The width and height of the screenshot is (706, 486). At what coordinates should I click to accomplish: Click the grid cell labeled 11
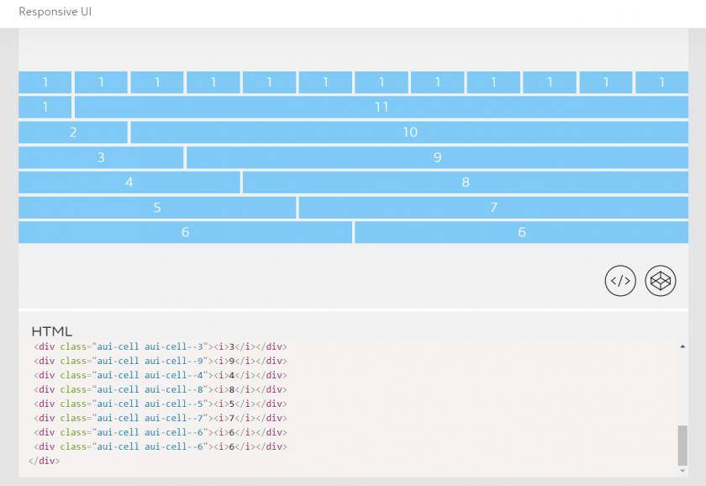(382, 107)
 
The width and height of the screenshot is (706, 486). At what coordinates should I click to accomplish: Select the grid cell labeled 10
(409, 132)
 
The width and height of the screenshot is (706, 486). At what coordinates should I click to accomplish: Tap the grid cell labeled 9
(437, 157)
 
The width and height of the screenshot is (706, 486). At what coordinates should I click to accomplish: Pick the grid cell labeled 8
(465, 182)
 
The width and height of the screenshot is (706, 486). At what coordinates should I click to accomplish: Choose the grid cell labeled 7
(493, 207)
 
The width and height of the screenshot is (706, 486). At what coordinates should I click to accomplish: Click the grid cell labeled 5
(157, 207)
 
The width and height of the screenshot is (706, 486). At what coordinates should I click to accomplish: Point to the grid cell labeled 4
(129, 182)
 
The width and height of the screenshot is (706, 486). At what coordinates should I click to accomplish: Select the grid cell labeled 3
(101, 157)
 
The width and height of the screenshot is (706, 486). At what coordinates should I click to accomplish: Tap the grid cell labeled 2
(73, 132)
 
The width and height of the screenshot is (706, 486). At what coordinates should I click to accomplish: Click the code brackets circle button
(620, 281)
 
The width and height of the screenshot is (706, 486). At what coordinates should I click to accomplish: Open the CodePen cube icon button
(661, 281)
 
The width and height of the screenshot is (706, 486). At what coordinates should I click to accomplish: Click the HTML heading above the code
(52, 331)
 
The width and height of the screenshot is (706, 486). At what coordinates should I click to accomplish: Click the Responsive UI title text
(55, 12)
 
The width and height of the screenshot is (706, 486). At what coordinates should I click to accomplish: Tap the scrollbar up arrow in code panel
(682, 346)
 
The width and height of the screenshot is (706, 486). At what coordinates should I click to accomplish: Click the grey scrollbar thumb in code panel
(682, 445)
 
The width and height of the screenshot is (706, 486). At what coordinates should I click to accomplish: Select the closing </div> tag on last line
(44, 461)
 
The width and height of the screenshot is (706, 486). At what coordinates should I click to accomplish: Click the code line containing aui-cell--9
(161, 361)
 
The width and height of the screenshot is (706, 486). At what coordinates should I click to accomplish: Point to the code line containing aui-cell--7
(161, 418)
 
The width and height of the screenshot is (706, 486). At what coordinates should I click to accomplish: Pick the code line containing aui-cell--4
(161, 375)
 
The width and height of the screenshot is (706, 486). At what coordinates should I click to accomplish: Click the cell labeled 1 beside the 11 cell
(45, 107)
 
